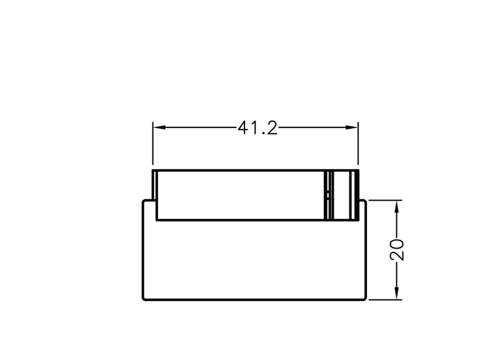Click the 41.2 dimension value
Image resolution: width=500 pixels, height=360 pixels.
coord(257,127)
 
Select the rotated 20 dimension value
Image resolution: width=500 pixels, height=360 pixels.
coord(397,249)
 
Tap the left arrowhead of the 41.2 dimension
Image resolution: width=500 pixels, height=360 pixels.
coord(159,127)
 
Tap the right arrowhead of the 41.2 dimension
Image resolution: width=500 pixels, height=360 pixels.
coord(351,127)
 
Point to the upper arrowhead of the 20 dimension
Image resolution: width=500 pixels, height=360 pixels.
coord(397,207)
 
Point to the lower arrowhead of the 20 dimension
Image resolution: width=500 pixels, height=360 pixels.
coord(397,293)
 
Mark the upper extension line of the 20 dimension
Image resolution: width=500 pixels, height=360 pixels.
coord(385,200)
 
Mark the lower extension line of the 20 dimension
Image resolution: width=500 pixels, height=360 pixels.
coord(385,300)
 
